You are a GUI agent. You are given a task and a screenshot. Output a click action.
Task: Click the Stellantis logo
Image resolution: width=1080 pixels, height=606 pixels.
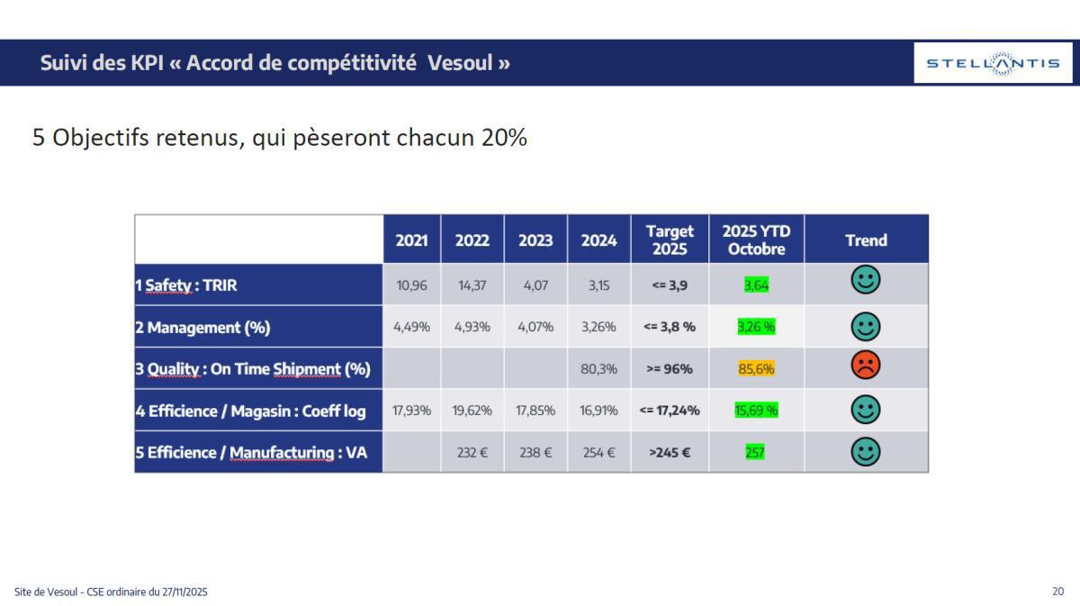(x=993, y=63)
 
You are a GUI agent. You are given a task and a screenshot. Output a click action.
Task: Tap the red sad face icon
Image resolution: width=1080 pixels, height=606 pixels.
(x=865, y=366)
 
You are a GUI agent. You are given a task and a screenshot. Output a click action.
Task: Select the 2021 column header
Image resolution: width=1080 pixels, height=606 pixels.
(x=411, y=240)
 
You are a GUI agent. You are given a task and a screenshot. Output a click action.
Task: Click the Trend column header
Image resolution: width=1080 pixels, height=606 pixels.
(x=866, y=240)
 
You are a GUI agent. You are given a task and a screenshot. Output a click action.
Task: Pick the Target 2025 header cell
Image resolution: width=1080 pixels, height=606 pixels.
(x=670, y=240)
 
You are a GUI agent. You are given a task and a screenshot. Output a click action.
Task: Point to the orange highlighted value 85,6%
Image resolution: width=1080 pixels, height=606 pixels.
(x=756, y=369)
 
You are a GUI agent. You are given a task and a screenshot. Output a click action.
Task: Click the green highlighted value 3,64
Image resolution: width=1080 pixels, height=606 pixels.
(x=756, y=285)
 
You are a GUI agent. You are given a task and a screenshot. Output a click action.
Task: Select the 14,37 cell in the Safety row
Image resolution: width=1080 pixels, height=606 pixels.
(x=472, y=285)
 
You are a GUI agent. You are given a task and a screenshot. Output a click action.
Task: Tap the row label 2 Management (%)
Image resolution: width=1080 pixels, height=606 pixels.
(x=202, y=327)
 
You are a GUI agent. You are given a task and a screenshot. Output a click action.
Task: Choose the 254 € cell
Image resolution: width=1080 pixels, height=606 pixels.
(x=598, y=452)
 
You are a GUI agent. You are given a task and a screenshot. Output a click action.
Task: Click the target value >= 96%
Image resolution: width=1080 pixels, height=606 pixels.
(x=669, y=369)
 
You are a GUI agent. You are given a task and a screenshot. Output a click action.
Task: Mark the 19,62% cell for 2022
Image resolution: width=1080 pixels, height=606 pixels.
(x=472, y=411)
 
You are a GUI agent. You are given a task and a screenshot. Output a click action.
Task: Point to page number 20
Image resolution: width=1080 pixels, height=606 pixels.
(x=1057, y=592)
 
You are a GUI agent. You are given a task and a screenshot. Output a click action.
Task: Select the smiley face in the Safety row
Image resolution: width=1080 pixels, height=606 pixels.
(x=865, y=281)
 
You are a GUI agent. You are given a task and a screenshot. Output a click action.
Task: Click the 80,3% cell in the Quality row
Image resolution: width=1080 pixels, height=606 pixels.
(x=598, y=369)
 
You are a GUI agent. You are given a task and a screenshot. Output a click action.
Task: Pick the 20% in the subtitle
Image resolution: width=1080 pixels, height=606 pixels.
(x=504, y=138)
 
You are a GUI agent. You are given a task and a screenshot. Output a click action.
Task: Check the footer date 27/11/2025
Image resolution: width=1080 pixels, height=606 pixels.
(x=184, y=592)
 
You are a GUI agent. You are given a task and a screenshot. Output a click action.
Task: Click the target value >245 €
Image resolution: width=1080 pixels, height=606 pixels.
(x=669, y=452)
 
